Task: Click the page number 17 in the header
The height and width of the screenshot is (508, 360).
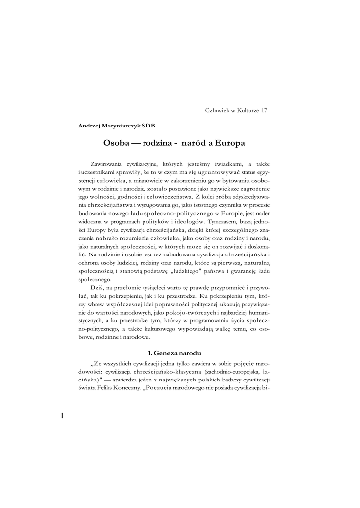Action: click(264, 110)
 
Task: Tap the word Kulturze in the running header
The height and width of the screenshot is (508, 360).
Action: click(246, 110)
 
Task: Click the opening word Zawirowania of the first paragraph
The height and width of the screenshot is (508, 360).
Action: click(109, 163)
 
